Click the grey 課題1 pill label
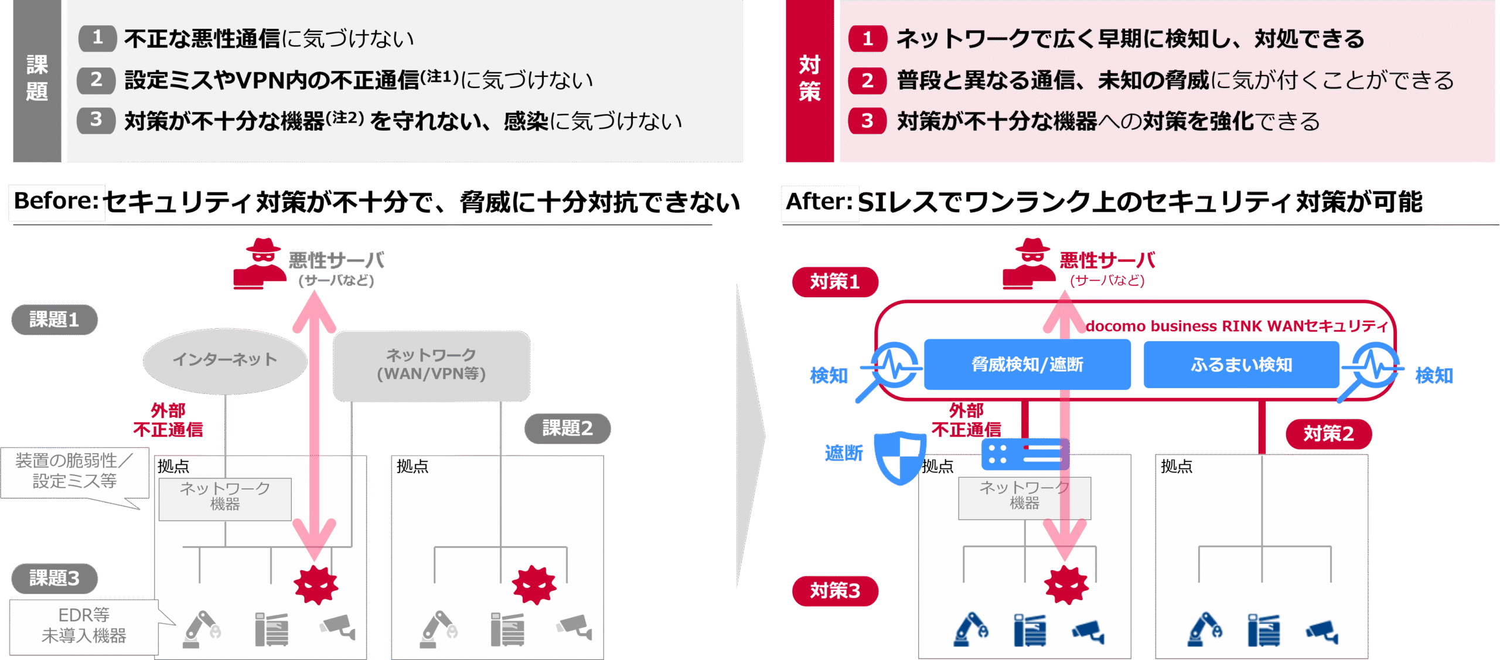pos(54,319)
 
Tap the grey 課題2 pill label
pos(567,428)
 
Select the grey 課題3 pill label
pos(54,578)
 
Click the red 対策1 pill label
pos(835,282)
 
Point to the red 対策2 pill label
pos(1328,434)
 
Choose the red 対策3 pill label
pos(835,591)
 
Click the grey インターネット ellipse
pos(225,359)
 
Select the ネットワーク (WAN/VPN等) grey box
pos(431,365)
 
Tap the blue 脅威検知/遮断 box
pos(1027,365)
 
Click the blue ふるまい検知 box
pos(1241,365)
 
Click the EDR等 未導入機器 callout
pos(84,626)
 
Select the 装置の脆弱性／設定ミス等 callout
pos(74,471)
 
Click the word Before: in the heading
pos(56,201)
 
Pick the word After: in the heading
pos(819,202)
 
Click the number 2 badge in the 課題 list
pos(97,80)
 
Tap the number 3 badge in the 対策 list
pos(867,121)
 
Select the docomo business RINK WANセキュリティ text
pos(1236,326)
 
